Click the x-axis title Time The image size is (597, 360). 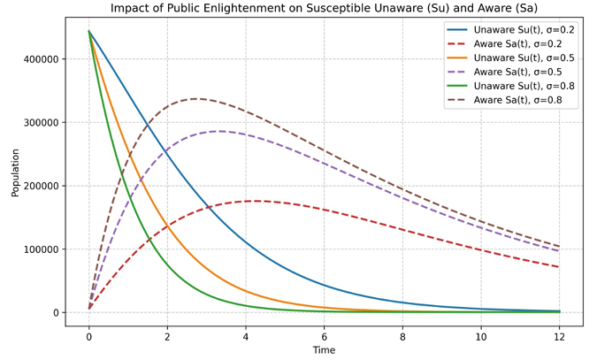point(324,350)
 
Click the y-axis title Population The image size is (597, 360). point(15,172)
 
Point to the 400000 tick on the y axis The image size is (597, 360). point(40,59)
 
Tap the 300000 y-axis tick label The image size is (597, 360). point(40,123)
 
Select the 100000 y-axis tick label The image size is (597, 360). point(40,249)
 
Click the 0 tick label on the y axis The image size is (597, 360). point(55,313)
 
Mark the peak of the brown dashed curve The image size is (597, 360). point(196,99)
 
